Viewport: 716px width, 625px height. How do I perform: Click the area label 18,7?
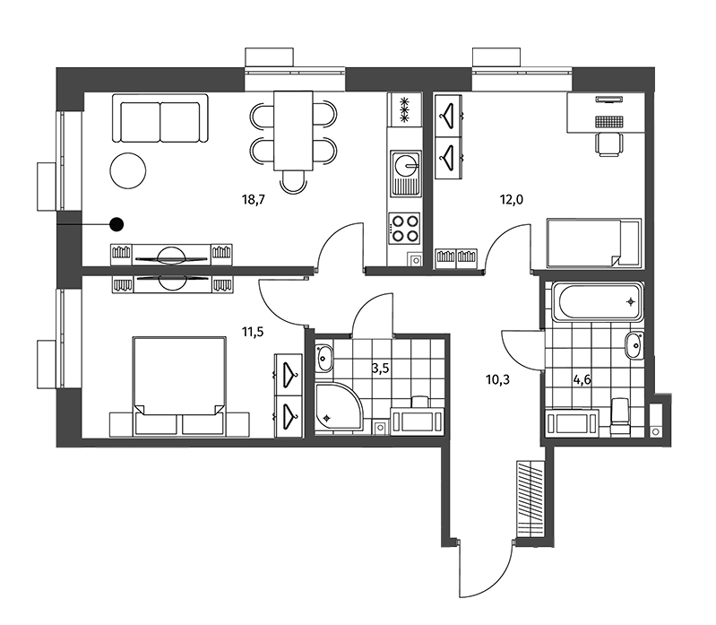254,200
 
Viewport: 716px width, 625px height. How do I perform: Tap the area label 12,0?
512,200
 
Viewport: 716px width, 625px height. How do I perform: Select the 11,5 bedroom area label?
253,332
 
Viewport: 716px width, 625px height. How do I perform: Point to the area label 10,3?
497,379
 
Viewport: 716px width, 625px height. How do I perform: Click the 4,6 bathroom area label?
582,379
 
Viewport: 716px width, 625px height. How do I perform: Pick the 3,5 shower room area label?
380,369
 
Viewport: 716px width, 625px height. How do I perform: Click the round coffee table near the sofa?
128,170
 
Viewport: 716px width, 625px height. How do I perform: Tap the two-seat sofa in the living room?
160,118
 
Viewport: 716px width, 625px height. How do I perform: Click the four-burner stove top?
405,229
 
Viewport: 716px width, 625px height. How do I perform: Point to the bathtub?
599,301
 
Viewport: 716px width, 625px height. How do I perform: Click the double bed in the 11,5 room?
179,386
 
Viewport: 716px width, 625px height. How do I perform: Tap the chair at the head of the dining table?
293,181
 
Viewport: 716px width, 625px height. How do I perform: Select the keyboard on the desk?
609,121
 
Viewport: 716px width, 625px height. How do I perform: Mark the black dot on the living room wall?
116,224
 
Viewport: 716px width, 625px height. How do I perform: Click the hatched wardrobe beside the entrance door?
531,499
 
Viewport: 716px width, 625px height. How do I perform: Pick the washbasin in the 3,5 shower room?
324,358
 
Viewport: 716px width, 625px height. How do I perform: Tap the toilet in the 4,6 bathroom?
619,415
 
